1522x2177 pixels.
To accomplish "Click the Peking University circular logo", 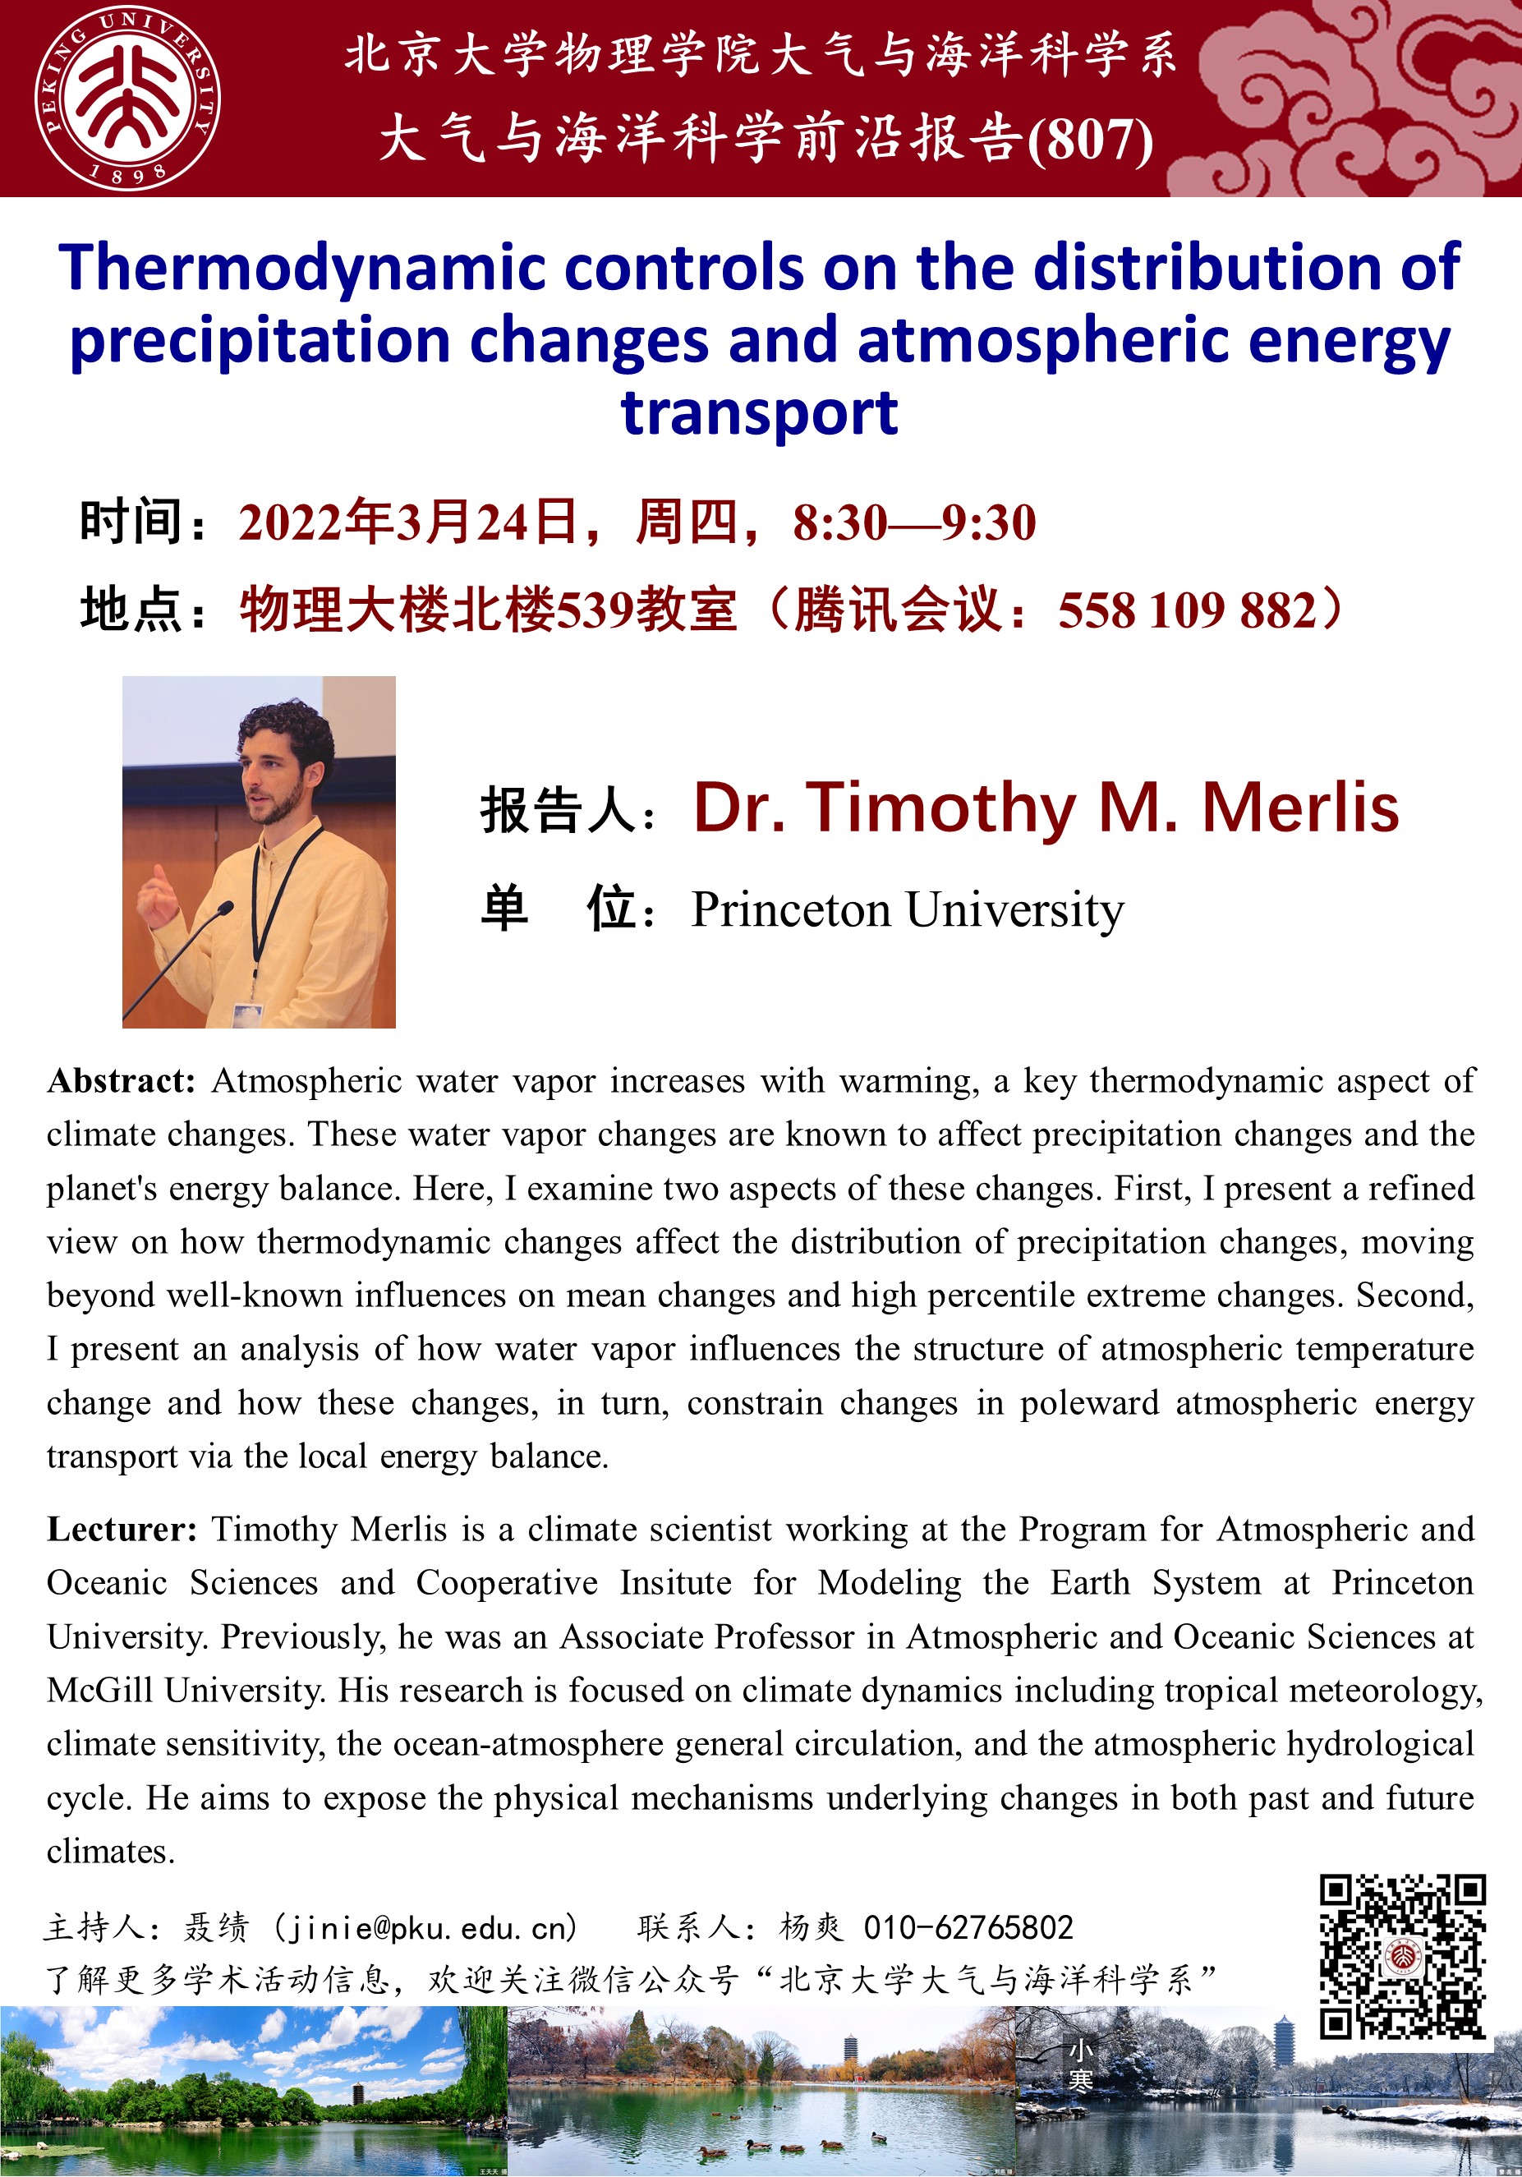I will point(127,99).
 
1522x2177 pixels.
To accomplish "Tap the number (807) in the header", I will point(1091,140).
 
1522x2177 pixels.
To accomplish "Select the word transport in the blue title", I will point(760,413).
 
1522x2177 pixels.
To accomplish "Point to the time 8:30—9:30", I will point(914,522).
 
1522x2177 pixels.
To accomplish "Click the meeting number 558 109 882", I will point(1187,610).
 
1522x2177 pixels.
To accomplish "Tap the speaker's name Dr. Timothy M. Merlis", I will point(1046,808).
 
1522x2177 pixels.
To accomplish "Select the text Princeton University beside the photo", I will point(908,910).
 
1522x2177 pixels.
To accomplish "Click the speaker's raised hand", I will point(155,896).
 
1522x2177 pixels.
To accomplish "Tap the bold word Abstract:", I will point(122,1081).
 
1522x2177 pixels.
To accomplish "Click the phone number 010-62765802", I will point(968,1927).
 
